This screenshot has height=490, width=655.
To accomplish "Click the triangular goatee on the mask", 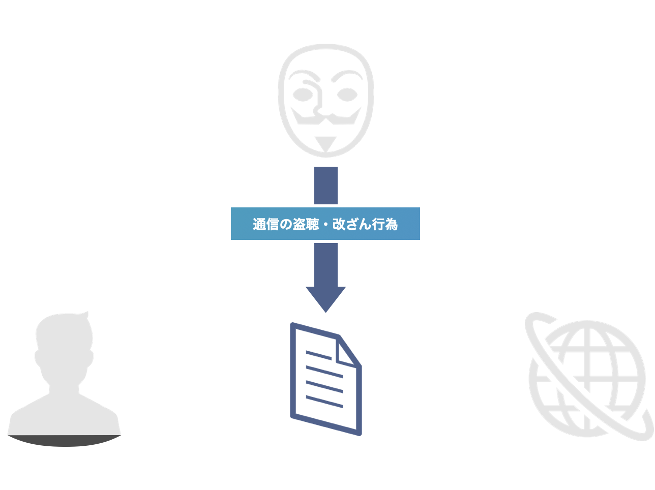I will [325, 143].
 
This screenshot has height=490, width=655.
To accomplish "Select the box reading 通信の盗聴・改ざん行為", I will [325, 224].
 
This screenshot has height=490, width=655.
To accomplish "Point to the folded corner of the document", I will [350, 350].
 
